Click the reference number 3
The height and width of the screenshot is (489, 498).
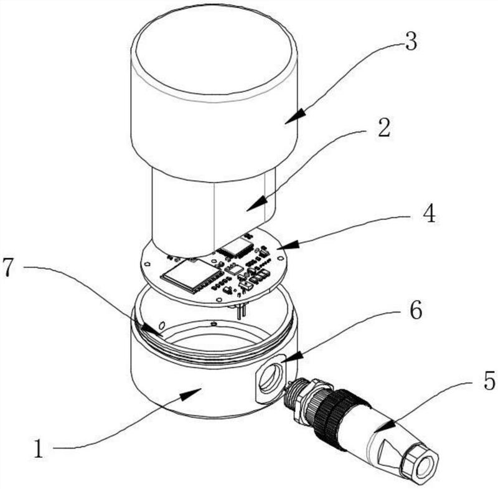411,42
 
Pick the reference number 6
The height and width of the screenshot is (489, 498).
416,310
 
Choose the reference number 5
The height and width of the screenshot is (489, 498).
489,380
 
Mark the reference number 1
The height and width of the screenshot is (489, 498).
39,449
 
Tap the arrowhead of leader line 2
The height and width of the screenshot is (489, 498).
256,203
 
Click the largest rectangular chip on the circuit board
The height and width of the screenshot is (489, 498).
190,274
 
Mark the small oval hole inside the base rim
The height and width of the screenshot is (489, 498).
162,325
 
